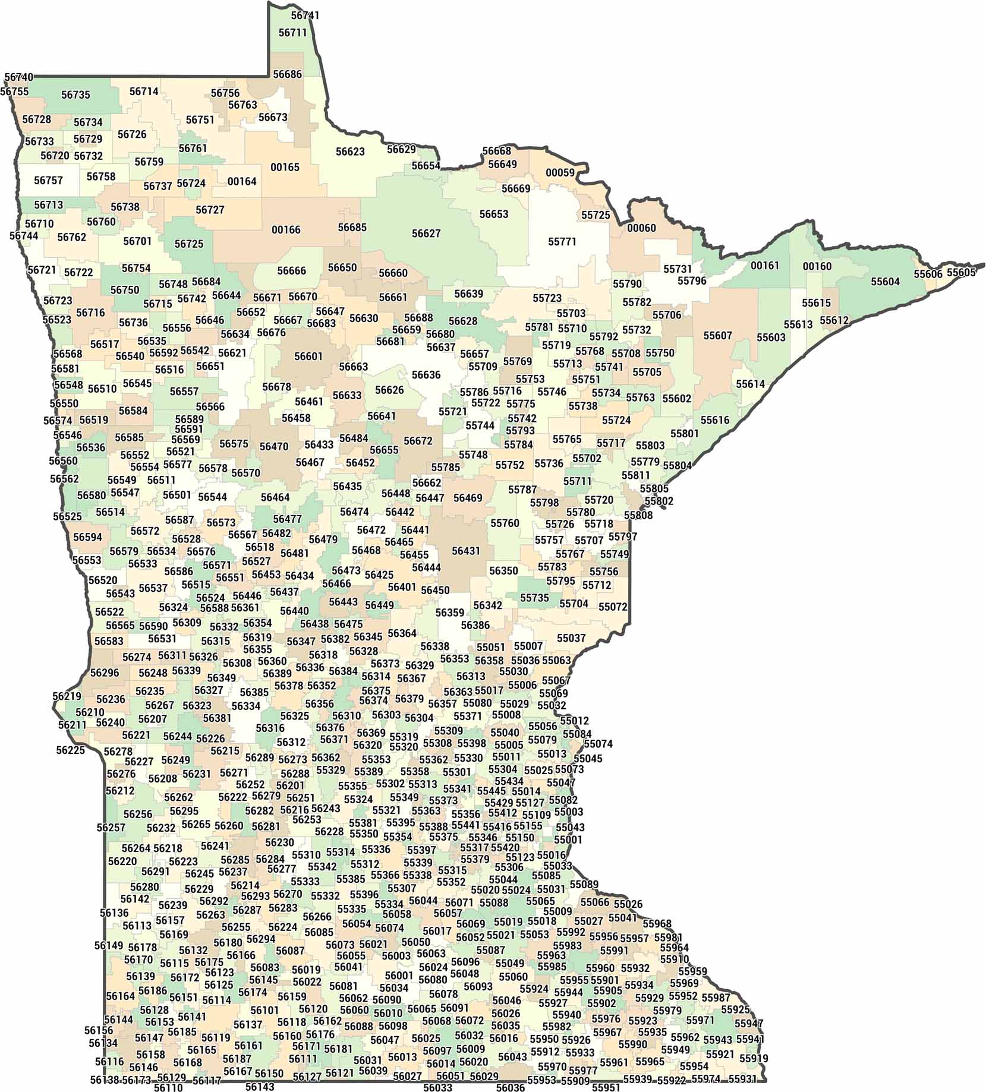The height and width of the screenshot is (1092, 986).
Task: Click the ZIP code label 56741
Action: point(305,15)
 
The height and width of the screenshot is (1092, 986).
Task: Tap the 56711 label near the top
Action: point(293,33)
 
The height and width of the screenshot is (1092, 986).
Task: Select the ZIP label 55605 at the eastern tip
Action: point(961,273)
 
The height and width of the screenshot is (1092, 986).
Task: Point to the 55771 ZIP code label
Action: point(562,242)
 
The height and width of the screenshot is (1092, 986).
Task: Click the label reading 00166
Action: point(286,230)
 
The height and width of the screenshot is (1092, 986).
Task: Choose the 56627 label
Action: point(426,233)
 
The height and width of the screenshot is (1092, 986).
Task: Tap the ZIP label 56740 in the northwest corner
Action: point(19,77)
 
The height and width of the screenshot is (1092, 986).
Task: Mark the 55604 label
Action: point(886,282)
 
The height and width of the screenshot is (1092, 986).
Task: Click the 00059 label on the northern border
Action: point(560,173)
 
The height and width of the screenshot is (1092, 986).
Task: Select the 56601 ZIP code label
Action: point(308,356)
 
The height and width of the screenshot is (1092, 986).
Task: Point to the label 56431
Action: point(466,551)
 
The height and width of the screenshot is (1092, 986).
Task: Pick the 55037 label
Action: point(571,638)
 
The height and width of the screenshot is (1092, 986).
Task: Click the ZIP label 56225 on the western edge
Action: point(71,750)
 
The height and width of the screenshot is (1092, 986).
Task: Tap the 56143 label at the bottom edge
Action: point(260,1087)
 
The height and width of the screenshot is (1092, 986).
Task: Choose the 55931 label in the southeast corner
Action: point(742,1078)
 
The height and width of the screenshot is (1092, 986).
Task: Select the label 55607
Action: point(718,336)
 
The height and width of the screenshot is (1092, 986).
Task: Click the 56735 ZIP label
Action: point(75,95)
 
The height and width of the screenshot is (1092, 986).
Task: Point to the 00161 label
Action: point(765,266)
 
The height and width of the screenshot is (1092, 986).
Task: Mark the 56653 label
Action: point(494,214)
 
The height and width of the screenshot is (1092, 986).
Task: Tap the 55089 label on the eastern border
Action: point(584,885)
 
